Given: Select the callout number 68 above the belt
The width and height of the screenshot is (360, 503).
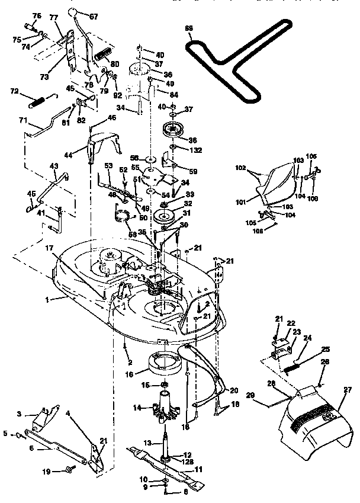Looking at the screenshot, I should [189, 28].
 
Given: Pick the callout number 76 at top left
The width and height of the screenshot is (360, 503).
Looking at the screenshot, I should [37, 15].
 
